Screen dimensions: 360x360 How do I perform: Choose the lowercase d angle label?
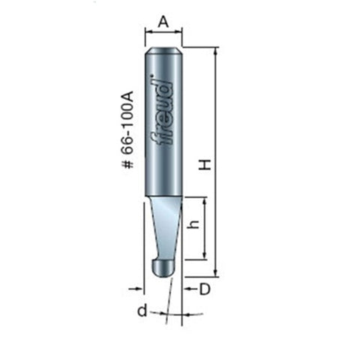(141, 310)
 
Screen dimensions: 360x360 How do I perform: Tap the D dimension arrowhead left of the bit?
(138, 288)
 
